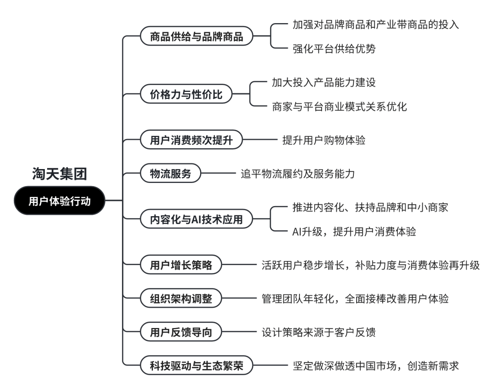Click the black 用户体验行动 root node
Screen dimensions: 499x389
coord(60,201)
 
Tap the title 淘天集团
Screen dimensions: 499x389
coord(60,174)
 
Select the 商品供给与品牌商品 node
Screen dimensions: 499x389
coord(196,36)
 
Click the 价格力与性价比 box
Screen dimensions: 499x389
coord(186,94)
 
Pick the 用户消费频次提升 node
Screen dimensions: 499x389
coord(191,140)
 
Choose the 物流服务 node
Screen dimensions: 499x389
coord(170,173)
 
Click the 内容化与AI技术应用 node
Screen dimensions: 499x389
coord(196,219)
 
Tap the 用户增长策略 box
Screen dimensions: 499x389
coord(181,265)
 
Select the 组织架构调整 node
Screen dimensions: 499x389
coord(181,298)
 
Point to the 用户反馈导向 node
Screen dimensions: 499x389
coord(181,332)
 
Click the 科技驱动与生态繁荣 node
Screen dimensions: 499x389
coord(196,365)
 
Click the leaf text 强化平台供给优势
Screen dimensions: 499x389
coord(334,49)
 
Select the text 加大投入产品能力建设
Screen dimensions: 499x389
coord(323,82)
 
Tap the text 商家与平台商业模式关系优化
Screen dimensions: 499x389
coord(339,107)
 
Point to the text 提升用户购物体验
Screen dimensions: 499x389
coord(324,140)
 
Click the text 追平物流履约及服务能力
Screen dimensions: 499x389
coord(298,174)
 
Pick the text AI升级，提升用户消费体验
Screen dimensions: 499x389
coord(354,231)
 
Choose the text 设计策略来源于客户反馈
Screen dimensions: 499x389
coord(318,332)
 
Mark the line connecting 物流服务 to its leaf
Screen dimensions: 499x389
coord(218,173)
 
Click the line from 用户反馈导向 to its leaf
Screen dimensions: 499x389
coord(239,332)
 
